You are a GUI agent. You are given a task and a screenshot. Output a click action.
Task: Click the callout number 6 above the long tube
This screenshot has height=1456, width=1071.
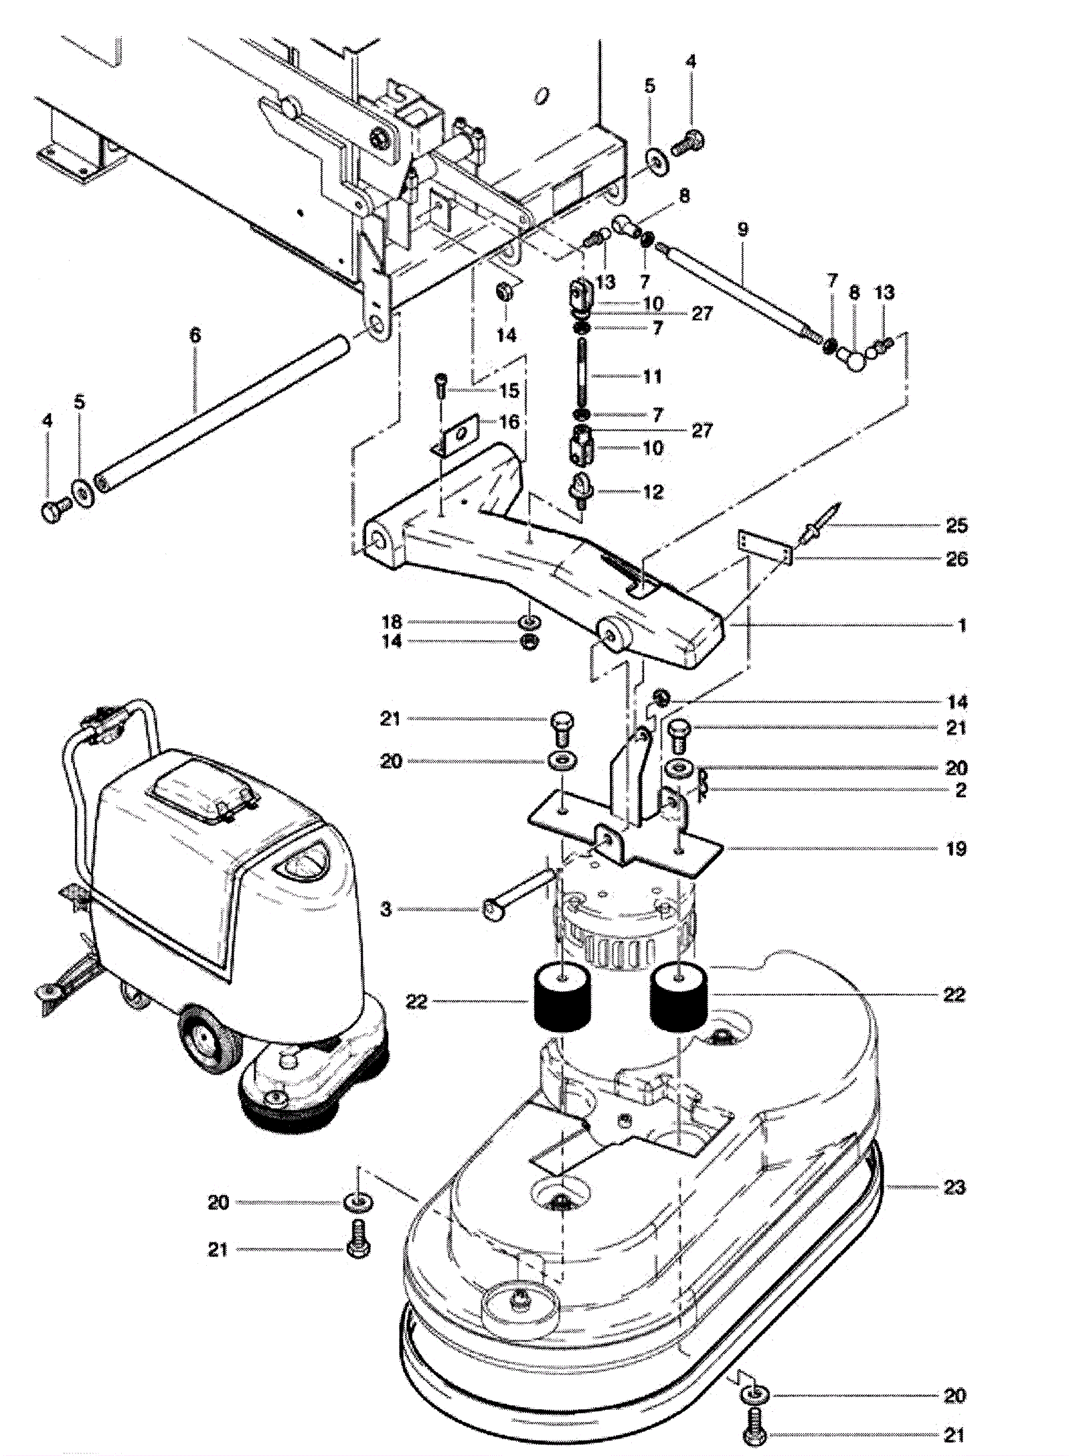pyautogui.click(x=195, y=335)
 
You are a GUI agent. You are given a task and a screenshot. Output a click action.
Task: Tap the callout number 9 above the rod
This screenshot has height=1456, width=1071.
pyautogui.click(x=742, y=230)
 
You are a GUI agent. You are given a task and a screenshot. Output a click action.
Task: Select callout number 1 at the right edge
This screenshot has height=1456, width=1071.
pyautogui.click(x=962, y=626)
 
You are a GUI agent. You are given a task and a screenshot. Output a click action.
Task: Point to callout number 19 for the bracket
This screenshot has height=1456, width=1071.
pyautogui.click(x=957, y=849)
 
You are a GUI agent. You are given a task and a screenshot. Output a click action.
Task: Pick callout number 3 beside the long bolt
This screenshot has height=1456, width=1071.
pyautogui.click(x=386, y=909)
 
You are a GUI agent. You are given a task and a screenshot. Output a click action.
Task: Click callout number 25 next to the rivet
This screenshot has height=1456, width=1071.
pyautogui.click(x=957, y=526)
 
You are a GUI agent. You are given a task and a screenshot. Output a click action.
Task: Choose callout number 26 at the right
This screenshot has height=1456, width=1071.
pyautogui.click(x=957, y=559)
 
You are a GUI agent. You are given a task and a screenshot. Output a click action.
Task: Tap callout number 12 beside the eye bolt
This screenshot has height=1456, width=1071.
pyautogui.click(x=653, y=492)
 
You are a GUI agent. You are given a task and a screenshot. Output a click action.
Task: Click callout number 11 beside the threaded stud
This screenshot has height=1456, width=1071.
pyautogui.click(x=653, y=376)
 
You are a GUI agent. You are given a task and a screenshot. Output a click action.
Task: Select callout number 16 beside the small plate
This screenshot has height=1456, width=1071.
pyautogui.click(x=509, y=422)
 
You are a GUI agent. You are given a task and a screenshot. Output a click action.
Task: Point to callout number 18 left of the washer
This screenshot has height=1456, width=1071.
pyautogui.click(x=392, y=622)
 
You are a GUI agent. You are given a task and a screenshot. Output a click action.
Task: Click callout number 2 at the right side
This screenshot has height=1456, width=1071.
pyautogui.click(x=961, y=790)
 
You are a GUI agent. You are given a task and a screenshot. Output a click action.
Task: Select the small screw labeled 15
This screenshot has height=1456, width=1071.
pyautogui.click(x=442, y=386)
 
